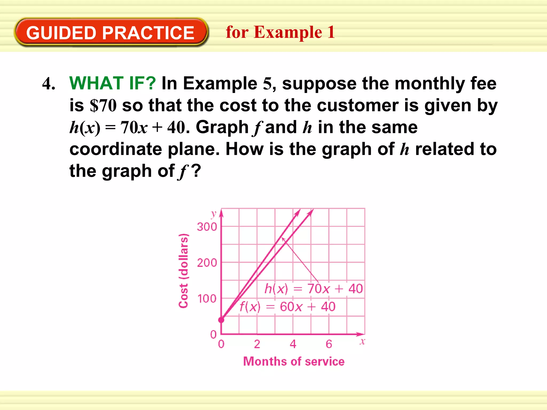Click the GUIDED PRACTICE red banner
click(110, 33)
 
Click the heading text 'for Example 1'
click(280, 32)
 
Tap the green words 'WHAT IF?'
click(112, 83)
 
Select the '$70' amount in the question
click(103, 105)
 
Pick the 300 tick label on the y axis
click(207, 227)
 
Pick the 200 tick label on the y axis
click(207, 263)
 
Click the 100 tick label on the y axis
click(207, 299)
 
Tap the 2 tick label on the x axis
click(257, 344)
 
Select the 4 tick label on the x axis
click(293, 344)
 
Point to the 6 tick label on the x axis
click(329, 344)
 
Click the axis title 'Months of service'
click(294, 361)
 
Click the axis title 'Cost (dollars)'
click(183, 271)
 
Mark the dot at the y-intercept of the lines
click(221, 320)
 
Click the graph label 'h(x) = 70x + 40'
click(314, 289)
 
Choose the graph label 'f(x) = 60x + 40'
click(287, 307)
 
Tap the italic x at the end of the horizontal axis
click(362, 341)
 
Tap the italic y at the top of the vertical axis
click(213, 214)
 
